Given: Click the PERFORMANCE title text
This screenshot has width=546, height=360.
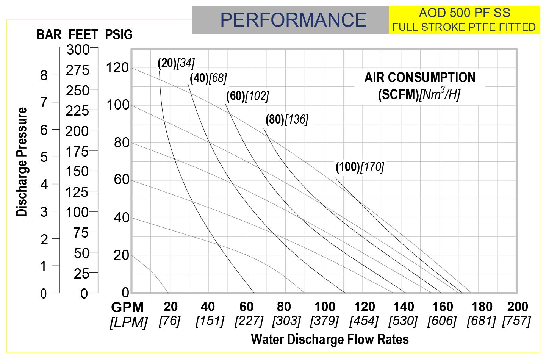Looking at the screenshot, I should point(293,20).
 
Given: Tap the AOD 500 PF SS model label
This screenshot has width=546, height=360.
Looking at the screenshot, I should point(464,13).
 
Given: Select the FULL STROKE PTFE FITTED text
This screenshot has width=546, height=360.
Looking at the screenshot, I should point(464,27).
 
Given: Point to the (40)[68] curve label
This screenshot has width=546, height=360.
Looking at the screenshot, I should point(208,78).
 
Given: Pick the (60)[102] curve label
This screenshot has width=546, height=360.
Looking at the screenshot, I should point(247,96).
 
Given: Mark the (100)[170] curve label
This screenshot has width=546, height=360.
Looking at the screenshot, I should point(360,167).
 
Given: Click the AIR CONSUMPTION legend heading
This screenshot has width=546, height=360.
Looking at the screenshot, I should point(420,78).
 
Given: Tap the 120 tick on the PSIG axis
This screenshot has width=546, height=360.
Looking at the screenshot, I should point(117,68).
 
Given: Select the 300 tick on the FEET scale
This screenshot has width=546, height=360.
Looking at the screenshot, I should point(78,50).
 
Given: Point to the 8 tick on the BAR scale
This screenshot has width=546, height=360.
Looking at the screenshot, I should point(44,75).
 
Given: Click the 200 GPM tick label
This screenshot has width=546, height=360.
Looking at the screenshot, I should point(518,307).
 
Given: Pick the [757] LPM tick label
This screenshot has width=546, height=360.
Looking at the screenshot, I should point(516,321).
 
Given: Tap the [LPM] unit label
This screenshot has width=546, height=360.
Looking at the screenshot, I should point(128,322).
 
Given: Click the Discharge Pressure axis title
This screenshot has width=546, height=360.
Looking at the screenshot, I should point(22,162).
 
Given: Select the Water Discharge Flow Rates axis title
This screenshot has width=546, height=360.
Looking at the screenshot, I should point(330,339).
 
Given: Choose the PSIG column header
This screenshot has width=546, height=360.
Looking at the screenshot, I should point(119,35).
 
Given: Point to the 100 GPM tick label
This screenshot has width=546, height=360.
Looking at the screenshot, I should point(325,307).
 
